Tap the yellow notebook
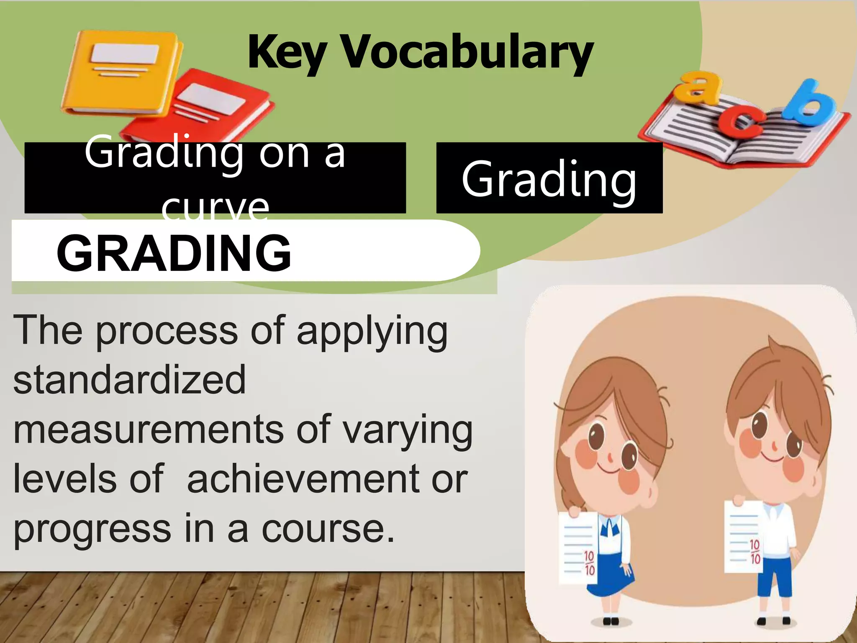coord(121,71)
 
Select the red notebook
coord(209,109)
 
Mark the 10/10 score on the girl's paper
coord(589,563)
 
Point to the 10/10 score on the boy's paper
coord(754,551)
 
